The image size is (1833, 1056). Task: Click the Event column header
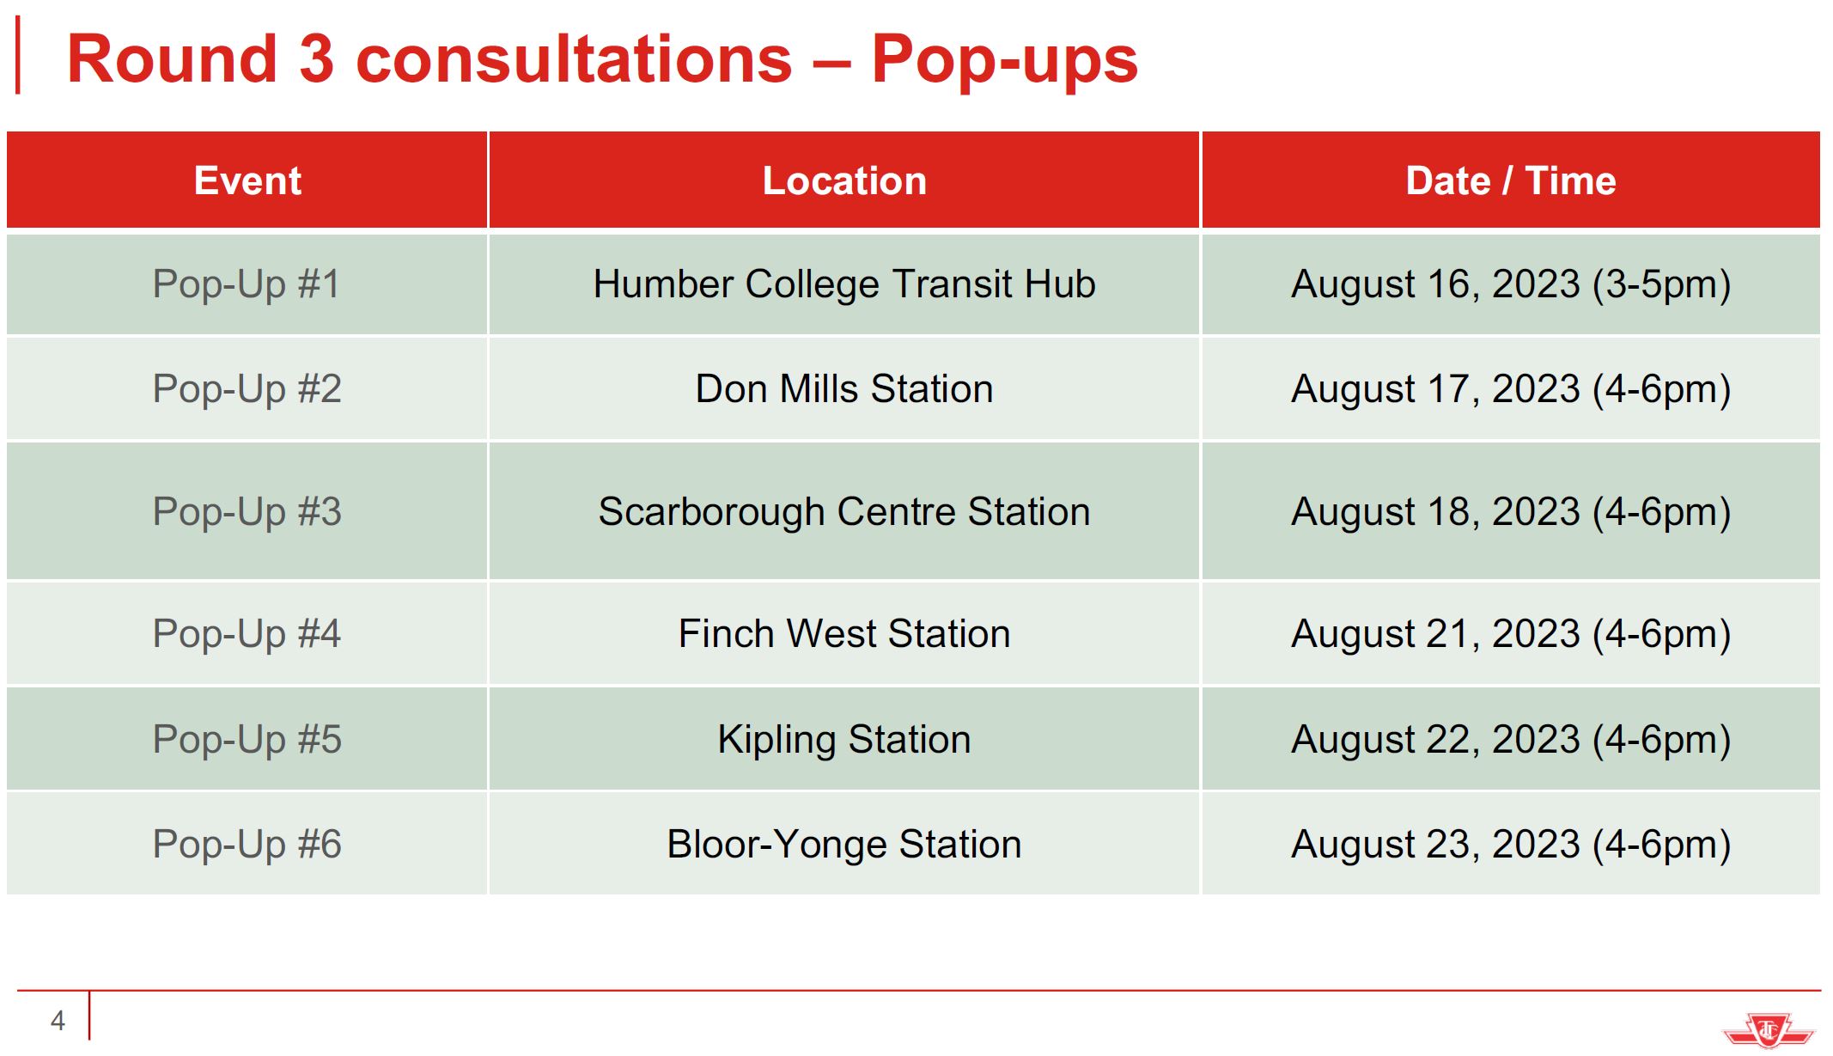pos(247,180)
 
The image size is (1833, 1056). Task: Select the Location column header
pos(844,180)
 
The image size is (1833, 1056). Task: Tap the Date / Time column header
pos(1511,180)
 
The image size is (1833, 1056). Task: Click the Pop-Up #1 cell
pos(247,284)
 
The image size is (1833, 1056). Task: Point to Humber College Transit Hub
pos(844,284)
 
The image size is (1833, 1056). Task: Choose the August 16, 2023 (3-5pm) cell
pos(1511,284)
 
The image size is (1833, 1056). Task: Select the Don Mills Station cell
pos(844,389)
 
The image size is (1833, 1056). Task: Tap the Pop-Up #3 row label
pos(247,512)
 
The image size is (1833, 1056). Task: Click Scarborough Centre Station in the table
pos(844,512)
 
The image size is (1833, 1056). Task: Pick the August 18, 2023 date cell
pos(1511,512)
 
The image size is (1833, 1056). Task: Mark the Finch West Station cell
pos(844,634)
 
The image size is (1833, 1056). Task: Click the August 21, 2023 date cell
pos(1511,634)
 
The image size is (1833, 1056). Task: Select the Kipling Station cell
pos(844,740)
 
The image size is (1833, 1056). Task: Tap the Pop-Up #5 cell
pos(247,740)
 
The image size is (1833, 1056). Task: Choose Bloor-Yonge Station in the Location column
pos(844,845)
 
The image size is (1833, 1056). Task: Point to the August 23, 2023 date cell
pos(1511,845)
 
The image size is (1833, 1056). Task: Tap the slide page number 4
pos(58,1021)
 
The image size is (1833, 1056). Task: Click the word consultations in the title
pos(574,59)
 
